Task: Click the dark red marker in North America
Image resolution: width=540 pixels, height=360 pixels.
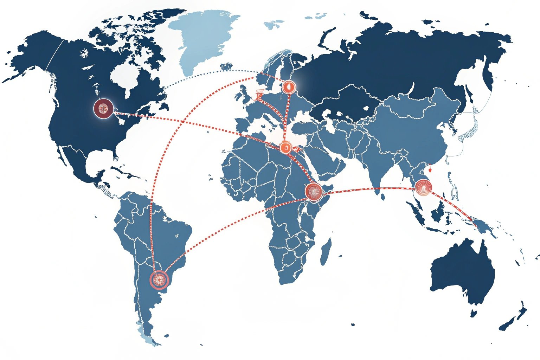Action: pyautogui.click(x=103, y=108)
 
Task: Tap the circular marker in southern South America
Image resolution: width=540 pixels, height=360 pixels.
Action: pyautogui.click(x=159, y=280)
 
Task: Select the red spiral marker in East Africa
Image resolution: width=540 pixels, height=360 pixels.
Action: pyautogui.click(x=314, y=192)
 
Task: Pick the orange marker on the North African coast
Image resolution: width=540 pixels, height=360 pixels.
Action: pyautogui.click(x=285, y=148)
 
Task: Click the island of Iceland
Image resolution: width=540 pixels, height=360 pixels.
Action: pyautogui.click(x=226, y=66)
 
